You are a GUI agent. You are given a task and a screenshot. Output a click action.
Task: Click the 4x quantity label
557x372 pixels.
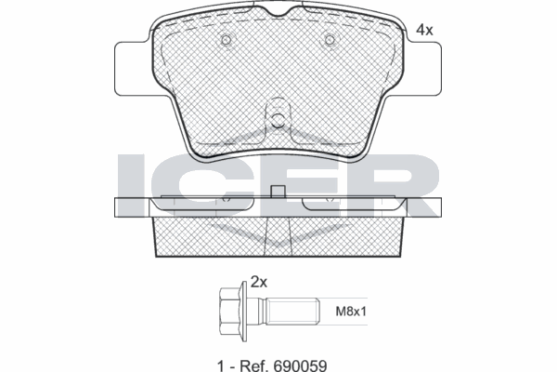coord(424,31)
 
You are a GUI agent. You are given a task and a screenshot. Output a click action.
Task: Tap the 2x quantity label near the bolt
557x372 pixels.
coord(259,283)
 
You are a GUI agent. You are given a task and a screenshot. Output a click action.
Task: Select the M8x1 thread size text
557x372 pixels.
coord(351,312)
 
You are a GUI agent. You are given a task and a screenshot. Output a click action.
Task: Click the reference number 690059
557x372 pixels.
coord(300,365)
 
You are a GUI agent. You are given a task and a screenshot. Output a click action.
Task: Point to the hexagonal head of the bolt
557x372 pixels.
coord(229,312)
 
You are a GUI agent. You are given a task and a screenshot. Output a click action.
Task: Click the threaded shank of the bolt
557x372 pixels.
coord(292,312)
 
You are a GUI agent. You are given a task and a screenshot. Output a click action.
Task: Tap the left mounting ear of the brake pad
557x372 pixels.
coord(133,69)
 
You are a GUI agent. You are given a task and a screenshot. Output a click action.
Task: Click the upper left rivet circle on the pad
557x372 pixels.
coord(226,39)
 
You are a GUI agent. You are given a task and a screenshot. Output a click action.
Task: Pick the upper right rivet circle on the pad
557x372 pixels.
coord(330,39)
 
